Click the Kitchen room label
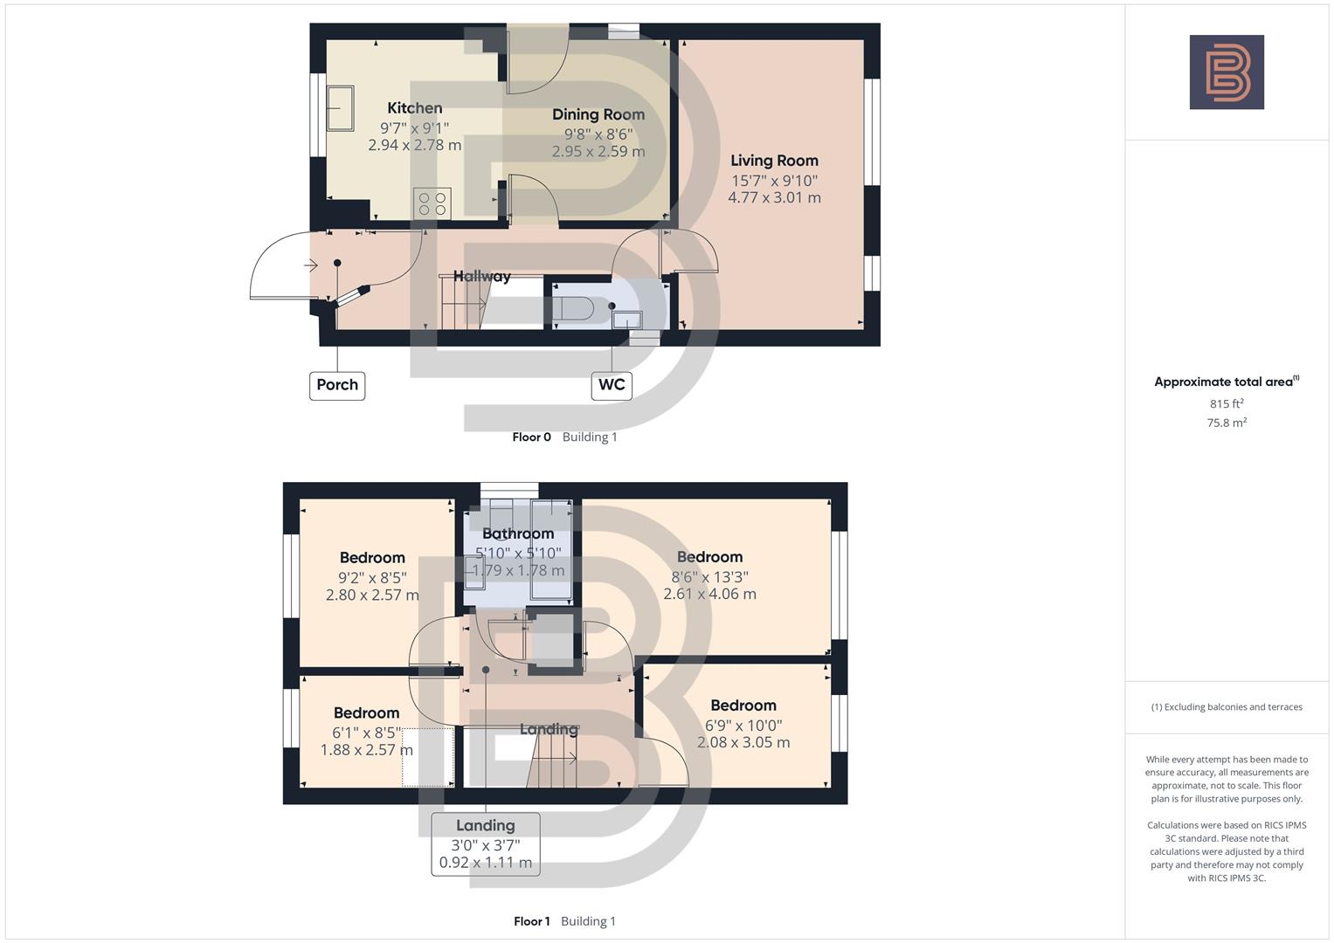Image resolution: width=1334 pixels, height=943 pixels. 414,108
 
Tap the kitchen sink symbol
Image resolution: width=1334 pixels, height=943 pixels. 340,107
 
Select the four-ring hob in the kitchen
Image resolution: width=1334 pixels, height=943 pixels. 432,203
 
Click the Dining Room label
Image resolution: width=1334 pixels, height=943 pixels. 598,114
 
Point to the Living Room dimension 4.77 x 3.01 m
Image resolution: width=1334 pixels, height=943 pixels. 774,198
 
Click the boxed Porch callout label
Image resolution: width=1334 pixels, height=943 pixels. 337,385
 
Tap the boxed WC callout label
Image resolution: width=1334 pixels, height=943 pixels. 612,385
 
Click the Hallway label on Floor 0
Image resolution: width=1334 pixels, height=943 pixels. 481,276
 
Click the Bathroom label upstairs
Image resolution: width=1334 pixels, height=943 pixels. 518,533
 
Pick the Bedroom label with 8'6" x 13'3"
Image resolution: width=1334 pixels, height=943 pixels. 709,557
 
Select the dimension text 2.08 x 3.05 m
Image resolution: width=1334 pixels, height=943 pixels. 743,743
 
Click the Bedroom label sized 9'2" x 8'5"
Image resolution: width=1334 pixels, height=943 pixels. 372,558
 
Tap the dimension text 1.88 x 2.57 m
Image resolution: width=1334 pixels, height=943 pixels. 366,750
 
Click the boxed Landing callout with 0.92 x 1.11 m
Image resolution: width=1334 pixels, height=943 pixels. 486,844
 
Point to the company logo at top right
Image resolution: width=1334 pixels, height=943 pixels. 1227,72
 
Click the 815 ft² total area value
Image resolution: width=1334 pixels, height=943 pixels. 1227,403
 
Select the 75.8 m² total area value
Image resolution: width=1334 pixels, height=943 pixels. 1227,423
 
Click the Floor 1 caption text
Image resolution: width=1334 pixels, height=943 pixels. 531,921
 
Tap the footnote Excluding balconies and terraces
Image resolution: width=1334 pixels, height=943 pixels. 1227,707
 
